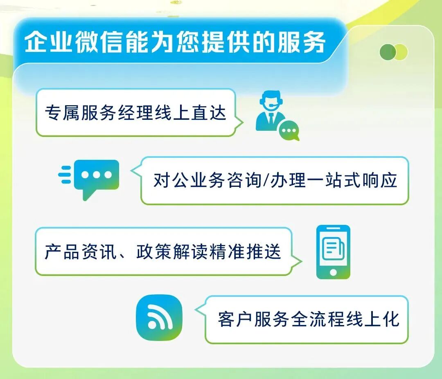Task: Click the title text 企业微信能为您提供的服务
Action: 175,42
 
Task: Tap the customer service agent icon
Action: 271,111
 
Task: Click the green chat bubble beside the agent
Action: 289,130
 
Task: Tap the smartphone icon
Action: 333,252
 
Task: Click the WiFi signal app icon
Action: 159,317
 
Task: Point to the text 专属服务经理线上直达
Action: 135,112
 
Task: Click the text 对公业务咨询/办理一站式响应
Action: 275,180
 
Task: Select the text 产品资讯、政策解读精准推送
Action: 163,251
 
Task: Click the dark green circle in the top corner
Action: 388,52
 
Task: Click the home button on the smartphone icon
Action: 333,272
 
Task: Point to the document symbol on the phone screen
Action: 333,248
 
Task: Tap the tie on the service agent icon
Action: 271,119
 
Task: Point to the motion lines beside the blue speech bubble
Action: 65,175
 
